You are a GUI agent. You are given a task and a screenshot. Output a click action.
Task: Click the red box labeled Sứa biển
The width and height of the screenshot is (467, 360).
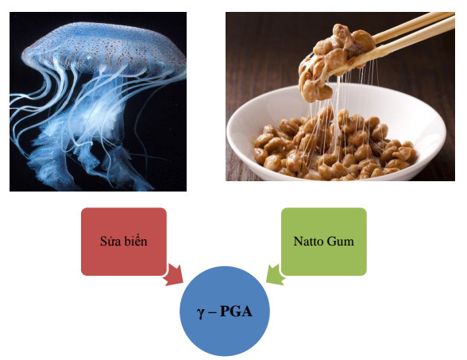click(x=124, y=242)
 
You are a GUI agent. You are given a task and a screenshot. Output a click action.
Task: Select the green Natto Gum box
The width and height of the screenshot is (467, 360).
click(x=324, y=242)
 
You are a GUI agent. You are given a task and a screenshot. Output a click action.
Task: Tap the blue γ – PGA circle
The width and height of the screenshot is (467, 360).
click(x=225, y=312)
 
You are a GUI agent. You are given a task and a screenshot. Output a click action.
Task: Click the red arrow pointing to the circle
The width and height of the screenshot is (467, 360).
click(x=173, y=275)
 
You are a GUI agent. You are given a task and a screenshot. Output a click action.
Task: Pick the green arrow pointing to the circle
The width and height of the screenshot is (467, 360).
click(x=275, y=275)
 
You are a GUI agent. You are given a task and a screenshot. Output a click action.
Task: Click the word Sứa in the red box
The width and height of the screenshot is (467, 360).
click(x=110, y=241)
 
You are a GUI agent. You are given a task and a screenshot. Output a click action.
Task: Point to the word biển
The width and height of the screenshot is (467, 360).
click(x=136, y=241)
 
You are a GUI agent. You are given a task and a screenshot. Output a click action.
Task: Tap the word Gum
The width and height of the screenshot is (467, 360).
click(x=339, y=241)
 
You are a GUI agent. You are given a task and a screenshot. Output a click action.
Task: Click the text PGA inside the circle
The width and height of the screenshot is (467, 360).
click(x=236, y=312)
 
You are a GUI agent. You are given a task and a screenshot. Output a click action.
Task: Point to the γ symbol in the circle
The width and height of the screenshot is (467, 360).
click(x=201, y=313)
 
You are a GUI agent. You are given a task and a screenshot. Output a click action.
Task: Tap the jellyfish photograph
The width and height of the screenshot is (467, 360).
click(x=98, y=102)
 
